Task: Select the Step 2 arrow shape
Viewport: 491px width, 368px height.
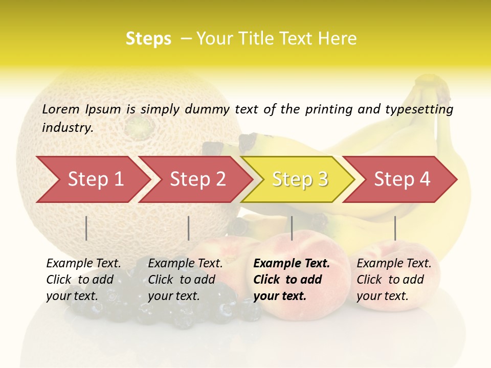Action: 197,179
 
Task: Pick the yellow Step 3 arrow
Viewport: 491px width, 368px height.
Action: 299,179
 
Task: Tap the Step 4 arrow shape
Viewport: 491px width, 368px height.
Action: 401,179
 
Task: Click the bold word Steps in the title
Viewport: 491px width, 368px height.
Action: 148,39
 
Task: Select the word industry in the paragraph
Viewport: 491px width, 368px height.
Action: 68,127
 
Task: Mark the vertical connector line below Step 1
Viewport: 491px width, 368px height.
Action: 86,228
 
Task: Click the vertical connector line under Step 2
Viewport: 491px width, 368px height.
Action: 189,228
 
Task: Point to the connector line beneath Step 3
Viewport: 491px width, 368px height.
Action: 292,228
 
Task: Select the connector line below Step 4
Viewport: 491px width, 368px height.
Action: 395,228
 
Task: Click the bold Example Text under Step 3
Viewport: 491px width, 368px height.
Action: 292,264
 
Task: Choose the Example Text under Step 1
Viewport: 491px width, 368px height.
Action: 83,264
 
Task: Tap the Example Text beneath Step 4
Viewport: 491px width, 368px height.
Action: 394,264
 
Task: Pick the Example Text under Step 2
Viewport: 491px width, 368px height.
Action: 185,264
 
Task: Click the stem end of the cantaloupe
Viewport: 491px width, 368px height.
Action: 140,125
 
